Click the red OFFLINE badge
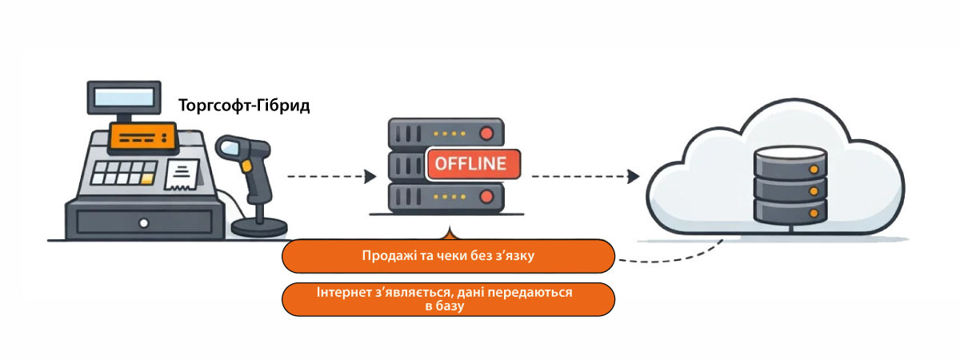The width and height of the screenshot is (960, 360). click(473, 165)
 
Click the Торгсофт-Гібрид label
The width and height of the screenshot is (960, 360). click(245, 106)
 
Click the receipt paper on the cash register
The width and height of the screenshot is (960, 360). click(183, 173)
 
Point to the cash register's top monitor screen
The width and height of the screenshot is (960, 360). click(122, 97)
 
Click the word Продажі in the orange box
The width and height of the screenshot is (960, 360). click(386, 258)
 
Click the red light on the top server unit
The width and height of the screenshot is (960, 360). click(485, 133)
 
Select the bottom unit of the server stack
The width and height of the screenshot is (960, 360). click(445, 197)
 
